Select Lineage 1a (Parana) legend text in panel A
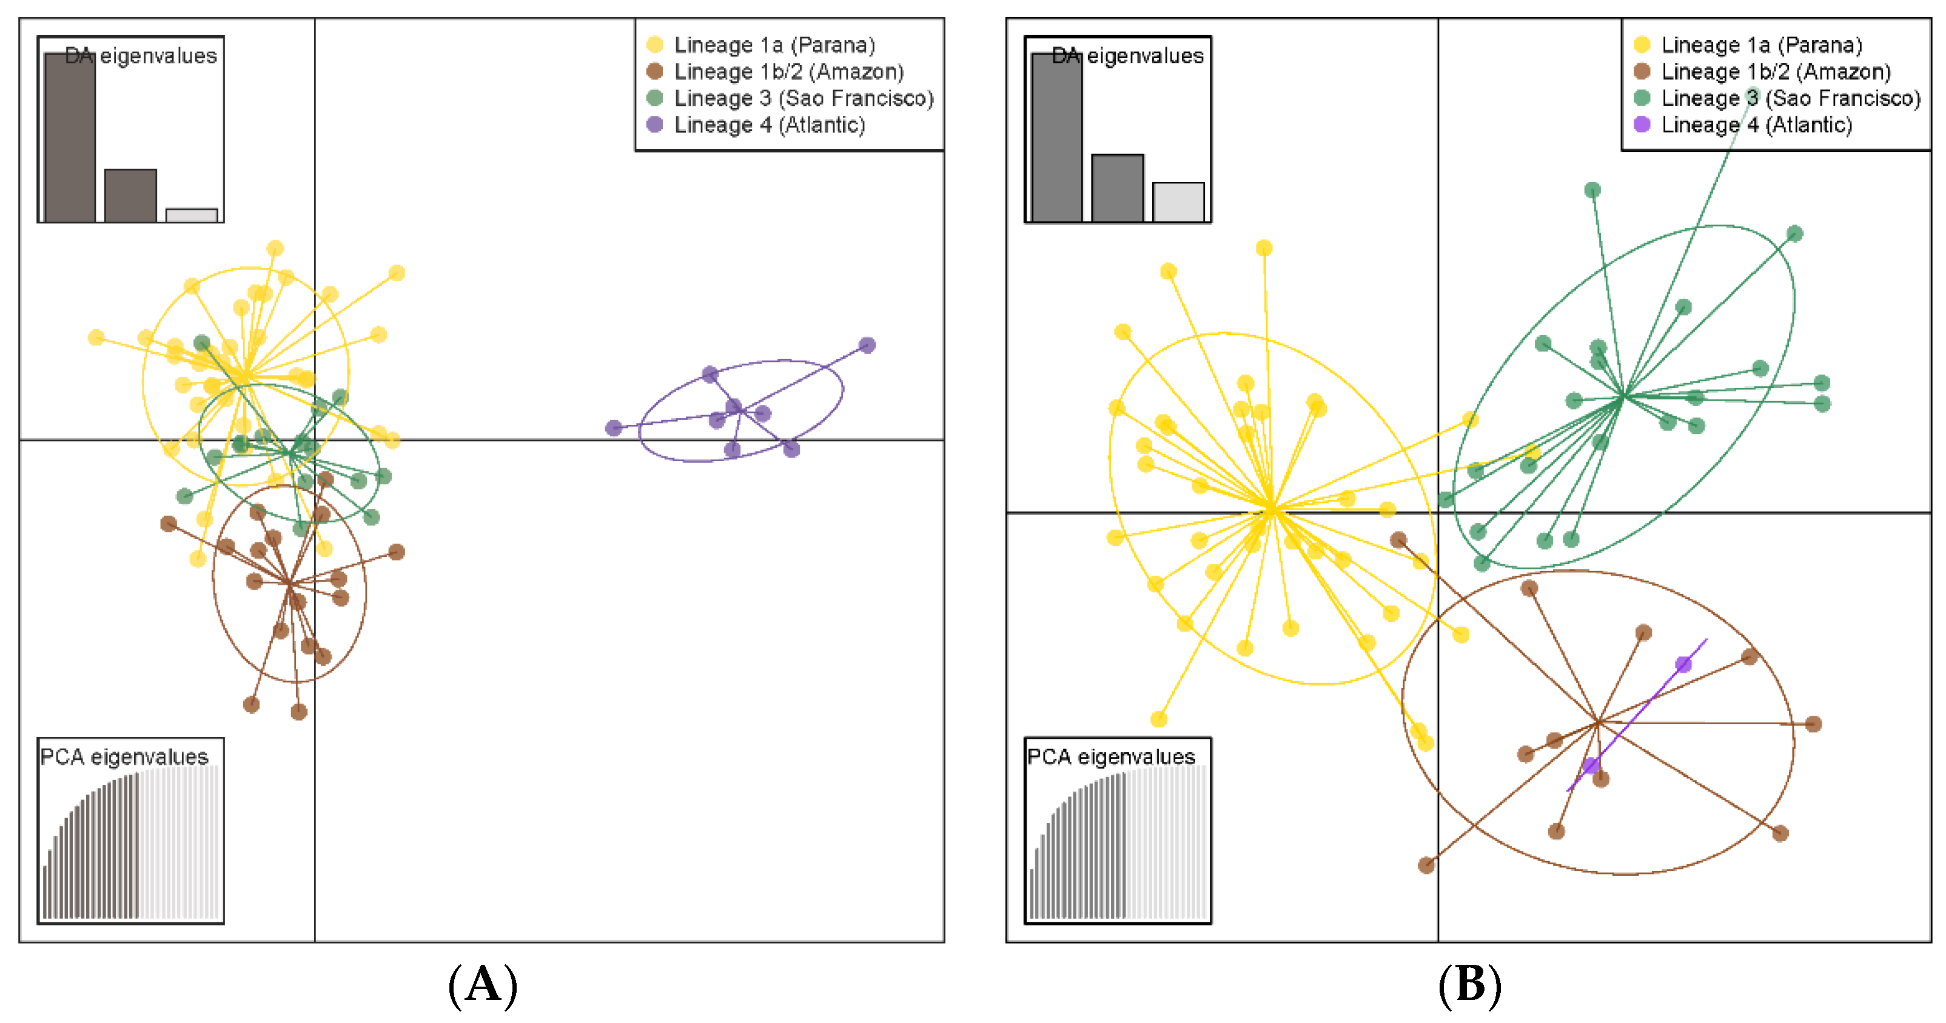(774, 45)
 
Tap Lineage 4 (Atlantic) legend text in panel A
(769, 125)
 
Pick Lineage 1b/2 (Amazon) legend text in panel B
(1775, 72)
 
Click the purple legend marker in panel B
(1641, 125)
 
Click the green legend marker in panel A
(655, 98)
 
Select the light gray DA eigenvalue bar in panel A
(192, 215)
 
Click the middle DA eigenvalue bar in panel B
(1117, 188)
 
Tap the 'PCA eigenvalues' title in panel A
(124, 756)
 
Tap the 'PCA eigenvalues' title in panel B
(1110, 756)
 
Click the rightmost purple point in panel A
(867, 345)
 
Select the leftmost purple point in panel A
(614, 428)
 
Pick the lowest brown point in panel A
(298, 711)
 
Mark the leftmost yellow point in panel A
(96, 337)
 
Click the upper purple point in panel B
(1683, 664)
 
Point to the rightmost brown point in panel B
(1813, 724)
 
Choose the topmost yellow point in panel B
(1264, 248)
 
